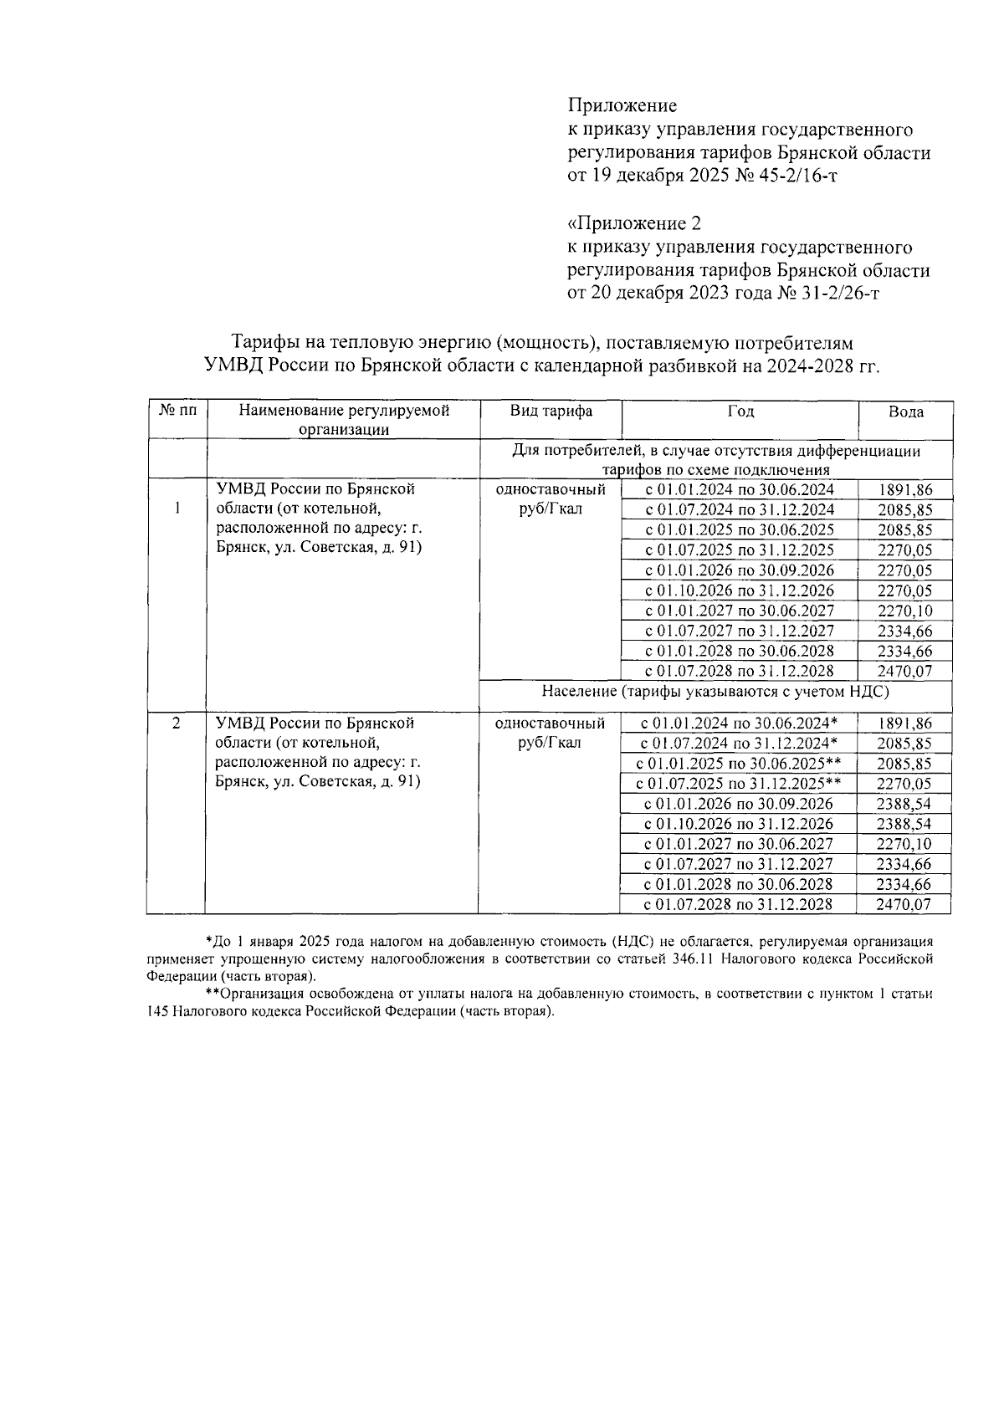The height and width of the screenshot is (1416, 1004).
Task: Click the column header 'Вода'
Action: [905, 412]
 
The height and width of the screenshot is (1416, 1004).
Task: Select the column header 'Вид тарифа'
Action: [551, 411]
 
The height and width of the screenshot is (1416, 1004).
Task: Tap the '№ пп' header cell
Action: [177, 411]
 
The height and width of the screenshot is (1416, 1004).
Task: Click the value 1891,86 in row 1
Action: [905, 491]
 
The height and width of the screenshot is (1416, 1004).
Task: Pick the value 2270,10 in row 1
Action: [905, 611]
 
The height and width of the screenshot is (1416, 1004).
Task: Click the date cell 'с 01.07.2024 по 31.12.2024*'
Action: [739, 744]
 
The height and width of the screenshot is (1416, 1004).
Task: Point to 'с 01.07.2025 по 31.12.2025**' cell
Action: [739, 784]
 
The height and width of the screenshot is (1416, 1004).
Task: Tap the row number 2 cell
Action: [176, 723]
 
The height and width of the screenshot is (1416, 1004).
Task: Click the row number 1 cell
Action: [177, 509]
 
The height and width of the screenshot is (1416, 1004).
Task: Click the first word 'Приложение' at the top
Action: [622, 105]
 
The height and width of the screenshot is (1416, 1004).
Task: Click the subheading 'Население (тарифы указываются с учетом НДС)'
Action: [715, 692]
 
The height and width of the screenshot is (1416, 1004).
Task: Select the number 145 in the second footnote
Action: [157, 1010]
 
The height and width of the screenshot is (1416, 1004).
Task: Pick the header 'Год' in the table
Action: [740, 411]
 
